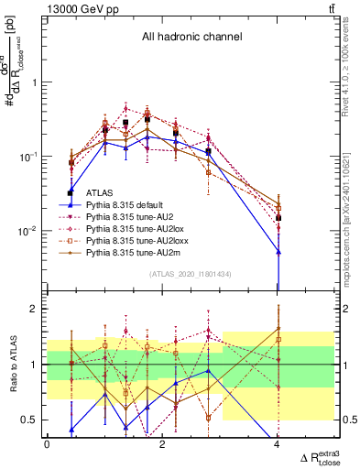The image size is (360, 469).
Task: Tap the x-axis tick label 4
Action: (278, 444)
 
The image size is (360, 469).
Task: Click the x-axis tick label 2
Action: (162, 444)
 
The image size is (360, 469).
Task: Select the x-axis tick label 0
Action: (47, 444)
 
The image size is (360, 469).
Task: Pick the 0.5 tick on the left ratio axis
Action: (29, 420)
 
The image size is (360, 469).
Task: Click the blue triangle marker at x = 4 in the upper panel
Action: (278, 251)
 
